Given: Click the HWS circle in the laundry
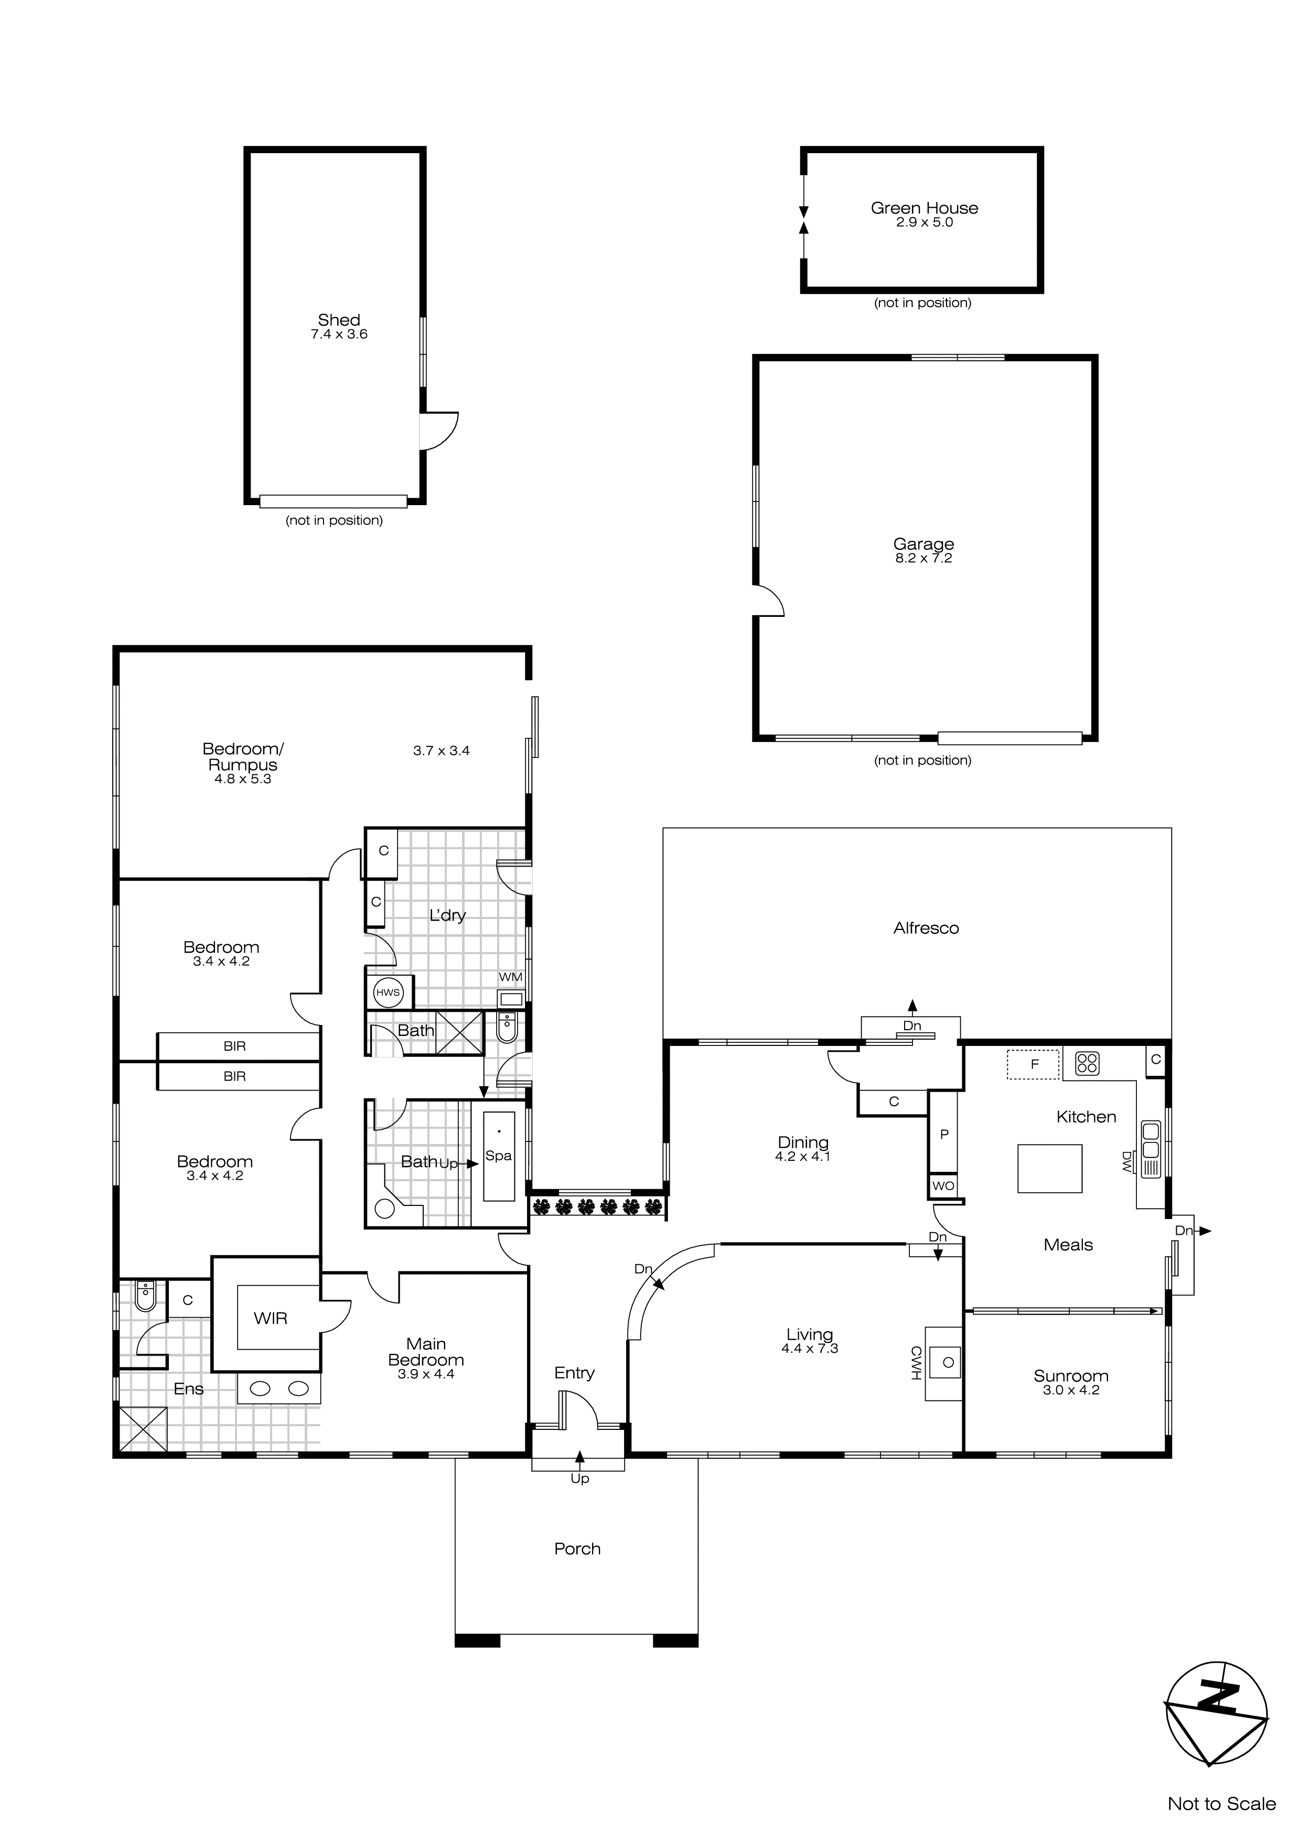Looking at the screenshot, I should [x=388, y=992].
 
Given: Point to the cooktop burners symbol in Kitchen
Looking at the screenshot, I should [x=1087, y=1063].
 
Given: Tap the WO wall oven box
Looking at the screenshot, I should [x=943, y=1185].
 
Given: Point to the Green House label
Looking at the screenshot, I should [x=924, y=208].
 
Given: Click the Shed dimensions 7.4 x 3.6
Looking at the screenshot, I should [x=339, y=335].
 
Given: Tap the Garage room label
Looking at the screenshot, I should [x=923, y=544].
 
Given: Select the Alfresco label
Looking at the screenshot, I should [x=926, y=928].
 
